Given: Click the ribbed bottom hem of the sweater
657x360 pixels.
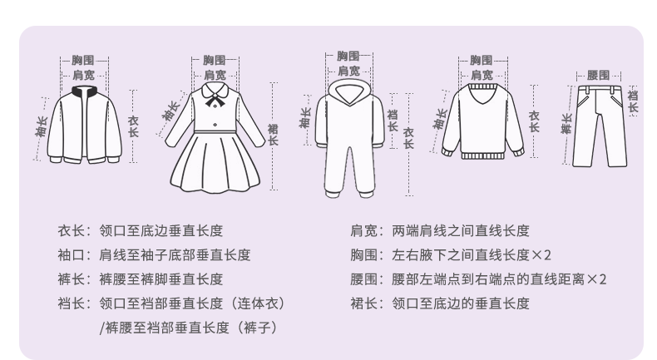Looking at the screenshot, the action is coord(482,155).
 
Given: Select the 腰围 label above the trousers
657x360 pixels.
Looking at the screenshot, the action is coord(598,76).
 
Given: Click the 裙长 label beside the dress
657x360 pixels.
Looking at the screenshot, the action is coord(273,134).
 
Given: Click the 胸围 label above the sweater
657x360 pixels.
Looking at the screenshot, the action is coord(482,60).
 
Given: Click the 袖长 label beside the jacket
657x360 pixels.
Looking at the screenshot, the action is coord(41,126).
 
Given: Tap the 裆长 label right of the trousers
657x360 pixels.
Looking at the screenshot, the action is coord(632,97).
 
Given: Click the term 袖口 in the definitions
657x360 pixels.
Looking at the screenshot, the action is coord(69,255).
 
